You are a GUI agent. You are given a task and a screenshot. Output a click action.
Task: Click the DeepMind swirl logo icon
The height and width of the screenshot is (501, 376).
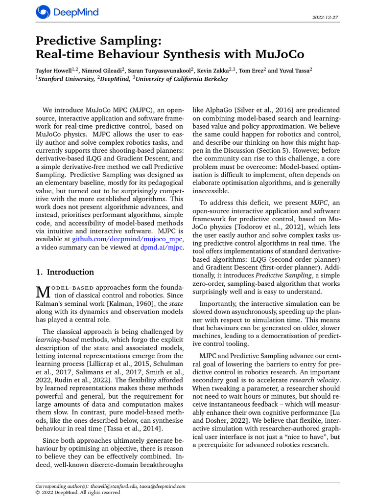click(x=44, y=12)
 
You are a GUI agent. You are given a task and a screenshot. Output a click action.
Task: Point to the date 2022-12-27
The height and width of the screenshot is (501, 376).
click(x=326, y=18)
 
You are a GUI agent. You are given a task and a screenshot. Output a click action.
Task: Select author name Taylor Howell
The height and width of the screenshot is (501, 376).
click(x=53, y=70)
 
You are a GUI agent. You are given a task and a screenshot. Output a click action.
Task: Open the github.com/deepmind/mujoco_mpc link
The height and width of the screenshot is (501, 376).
click(x=128, y=239)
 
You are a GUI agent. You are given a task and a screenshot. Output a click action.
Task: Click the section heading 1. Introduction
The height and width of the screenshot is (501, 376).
click(x=65, y=272)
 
